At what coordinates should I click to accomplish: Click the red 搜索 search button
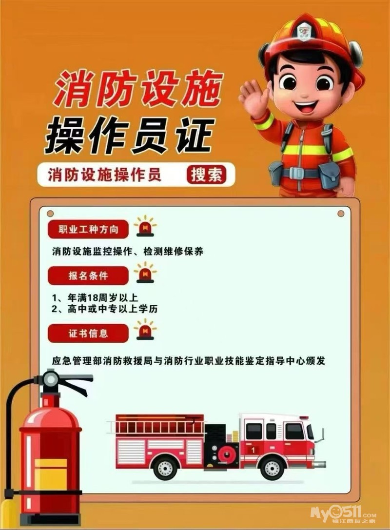coord(206,175)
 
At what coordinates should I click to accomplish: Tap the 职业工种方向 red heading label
coord(88,230)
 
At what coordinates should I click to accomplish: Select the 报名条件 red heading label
coord(88,275)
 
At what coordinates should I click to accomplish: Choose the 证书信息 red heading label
coord(88,334)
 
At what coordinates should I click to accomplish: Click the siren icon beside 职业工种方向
coord(145,226)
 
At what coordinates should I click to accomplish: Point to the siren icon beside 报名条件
coord(145,273)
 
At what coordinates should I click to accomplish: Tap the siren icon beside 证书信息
coord(145,329)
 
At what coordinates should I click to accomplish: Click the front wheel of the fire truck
coord(272,468)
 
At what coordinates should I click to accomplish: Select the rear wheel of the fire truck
coord(165,468)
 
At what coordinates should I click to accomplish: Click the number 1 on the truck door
coord(253,450)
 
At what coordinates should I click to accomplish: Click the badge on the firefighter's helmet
coord(305,31)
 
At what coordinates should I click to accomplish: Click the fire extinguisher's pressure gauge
coord(51,380)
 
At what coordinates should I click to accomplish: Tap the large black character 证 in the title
coord(194,136)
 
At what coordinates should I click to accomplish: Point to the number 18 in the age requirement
coord(93,298)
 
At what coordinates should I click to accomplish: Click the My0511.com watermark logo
coord(343,514)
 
